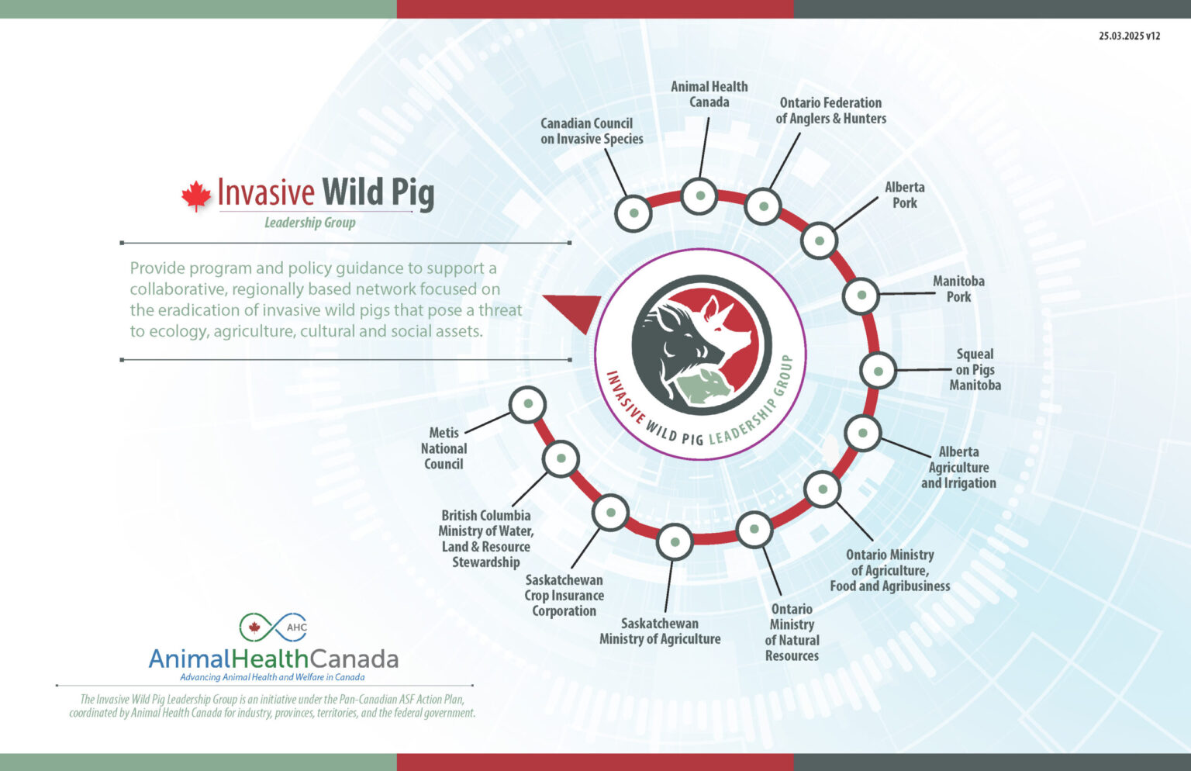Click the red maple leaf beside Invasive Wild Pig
(x=196, y=195)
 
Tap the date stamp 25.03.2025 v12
(x=1129, y=36)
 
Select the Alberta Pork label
(x=904, y=195)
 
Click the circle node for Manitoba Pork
(x=861, y=296)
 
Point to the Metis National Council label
(x=444, y=448)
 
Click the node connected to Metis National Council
(x=528, y=404)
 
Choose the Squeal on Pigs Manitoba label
(x=975, y=369)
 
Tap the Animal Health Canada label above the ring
(x=709, y=94)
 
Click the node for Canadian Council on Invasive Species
(x=633, y=213)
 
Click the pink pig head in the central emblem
(x=729, y=326)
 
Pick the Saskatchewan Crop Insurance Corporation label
(x=564, y=595)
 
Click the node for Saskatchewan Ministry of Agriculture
(x=675, y=542)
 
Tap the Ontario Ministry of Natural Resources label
(x=792, y=632)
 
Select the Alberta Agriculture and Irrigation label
(x=958, y=467)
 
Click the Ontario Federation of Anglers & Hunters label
(x=830, y=110)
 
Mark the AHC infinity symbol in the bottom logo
(x=273, y=627)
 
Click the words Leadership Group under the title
(x=309, y=223)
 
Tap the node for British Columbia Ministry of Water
(x=561, y=458)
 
